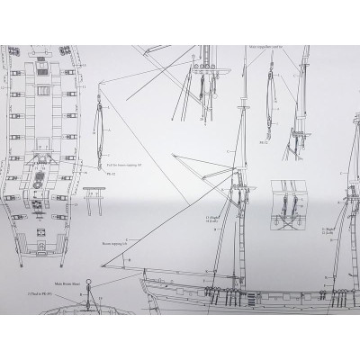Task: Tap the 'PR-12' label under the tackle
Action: pyautogui.click(x=102, y=177)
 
